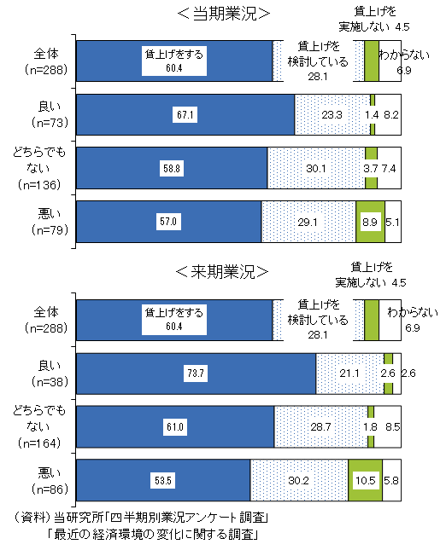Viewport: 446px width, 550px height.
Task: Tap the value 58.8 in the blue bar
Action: coord(173,167)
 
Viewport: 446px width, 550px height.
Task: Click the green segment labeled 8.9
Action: coord(370,221)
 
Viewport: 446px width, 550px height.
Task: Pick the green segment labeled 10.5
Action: coord(365,481)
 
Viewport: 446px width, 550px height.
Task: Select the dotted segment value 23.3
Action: coord(332,114)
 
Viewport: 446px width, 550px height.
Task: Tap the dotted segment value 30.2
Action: coord(298,481)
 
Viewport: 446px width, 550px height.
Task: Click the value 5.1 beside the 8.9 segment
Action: coord(393,221)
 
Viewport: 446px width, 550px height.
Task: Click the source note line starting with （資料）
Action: coord(142,518)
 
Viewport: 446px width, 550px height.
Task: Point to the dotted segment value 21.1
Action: coord(349,373)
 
